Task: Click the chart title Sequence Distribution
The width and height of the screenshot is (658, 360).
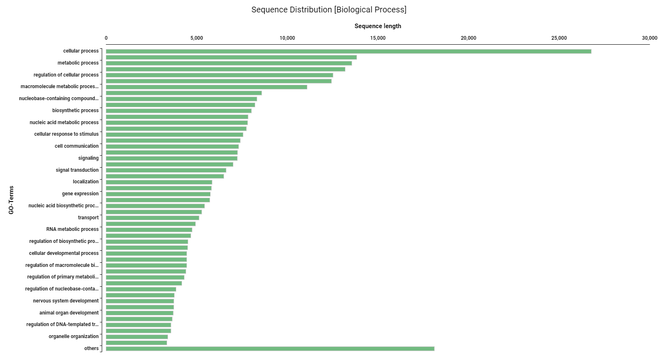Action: (329, 10)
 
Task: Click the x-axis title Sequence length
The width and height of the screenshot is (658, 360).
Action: (378, 26)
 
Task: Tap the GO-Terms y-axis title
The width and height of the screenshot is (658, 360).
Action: (11, 200)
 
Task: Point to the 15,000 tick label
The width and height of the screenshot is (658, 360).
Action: (378, 38)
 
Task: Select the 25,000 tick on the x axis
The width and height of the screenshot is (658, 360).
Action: (559, 38)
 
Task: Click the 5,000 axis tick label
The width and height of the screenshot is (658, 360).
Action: (196, 38)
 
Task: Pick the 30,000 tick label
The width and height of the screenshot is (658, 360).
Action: (649, 38)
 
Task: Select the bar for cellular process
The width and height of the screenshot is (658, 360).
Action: (348, 51)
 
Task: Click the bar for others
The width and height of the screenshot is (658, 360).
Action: (270, 349)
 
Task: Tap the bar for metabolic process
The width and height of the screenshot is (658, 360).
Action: (229, 63)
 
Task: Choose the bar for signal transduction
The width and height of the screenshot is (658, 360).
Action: (166, 170)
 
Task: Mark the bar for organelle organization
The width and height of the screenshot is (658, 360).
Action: (137, 337)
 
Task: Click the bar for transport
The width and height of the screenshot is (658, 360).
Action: (152, 218)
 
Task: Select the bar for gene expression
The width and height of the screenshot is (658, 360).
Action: (158, 194)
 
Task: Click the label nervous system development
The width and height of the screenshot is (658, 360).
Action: (66, 301)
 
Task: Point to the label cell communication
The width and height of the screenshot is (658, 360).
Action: (77, 146)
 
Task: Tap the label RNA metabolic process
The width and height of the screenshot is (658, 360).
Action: (72, 229)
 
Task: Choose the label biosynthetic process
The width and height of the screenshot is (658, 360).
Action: (75, 110)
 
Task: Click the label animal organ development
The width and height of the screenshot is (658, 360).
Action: (69, 313)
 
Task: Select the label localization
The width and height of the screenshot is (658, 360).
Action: (86, 182)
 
